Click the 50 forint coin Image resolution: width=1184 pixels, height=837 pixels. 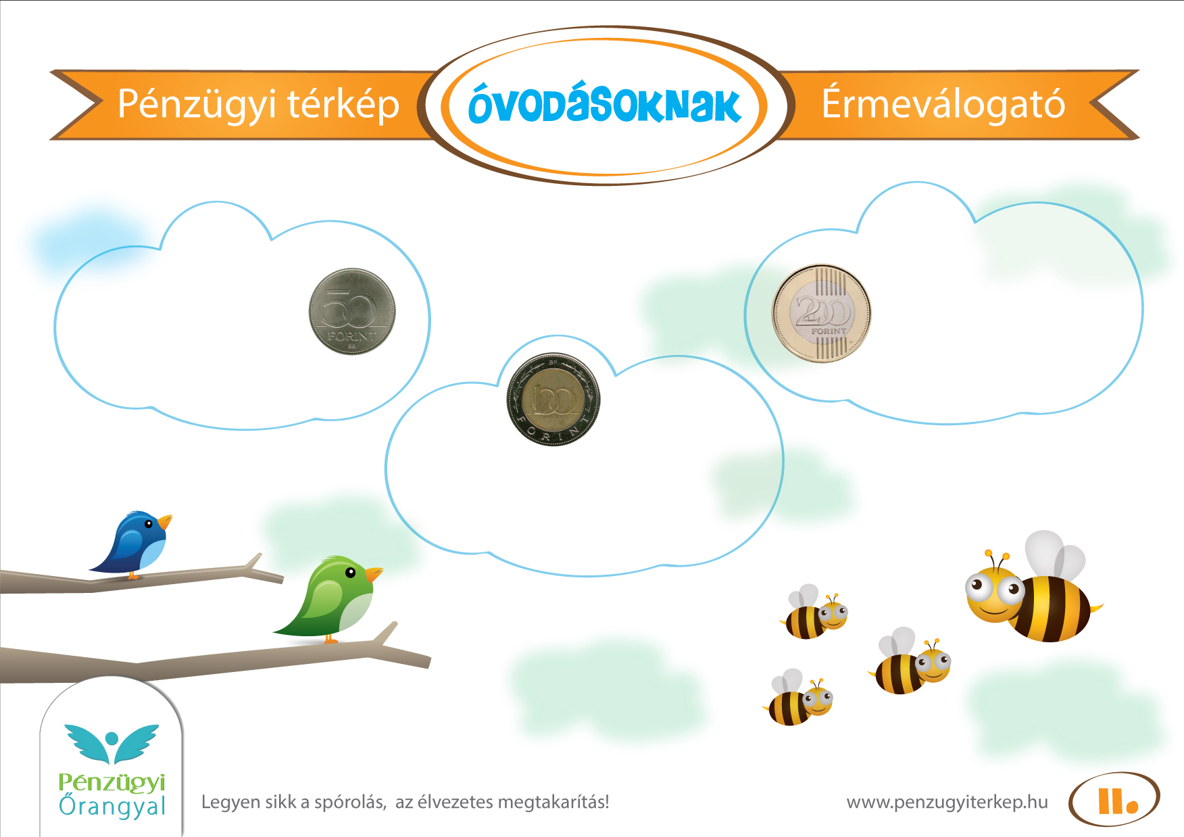352,312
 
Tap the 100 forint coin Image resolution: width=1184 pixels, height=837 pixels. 553,400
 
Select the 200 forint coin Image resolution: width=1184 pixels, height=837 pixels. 822,314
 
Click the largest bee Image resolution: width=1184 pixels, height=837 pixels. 1034,588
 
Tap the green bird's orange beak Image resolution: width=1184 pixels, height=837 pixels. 374,574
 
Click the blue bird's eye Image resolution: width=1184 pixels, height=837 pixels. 149,523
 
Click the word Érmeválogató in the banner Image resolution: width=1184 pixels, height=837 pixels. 943,103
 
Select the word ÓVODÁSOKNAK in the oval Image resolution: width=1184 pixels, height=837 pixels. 605,105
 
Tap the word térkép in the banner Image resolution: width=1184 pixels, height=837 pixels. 344,105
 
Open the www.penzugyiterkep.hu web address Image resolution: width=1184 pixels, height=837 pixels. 947,803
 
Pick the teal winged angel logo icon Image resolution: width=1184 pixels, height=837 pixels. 112,744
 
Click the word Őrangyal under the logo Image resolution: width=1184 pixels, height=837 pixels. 112,807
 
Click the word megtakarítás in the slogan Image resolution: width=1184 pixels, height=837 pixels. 551,803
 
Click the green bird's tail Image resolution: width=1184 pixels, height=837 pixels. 291,626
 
